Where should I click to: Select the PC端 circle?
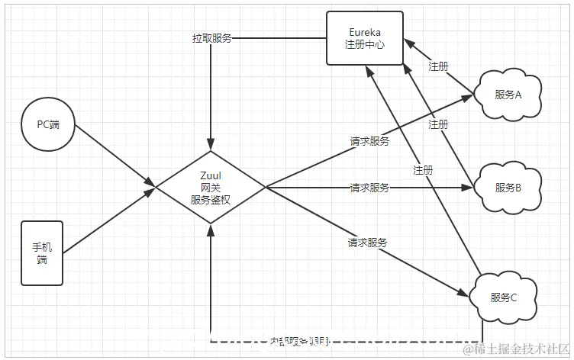click(48, 124)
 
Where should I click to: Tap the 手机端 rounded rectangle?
click(42, 253)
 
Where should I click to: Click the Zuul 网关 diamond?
click(210, 186)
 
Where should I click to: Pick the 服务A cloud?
click(508, 95)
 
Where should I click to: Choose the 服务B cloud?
click(508, 188)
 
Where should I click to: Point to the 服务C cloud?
click(504, 297)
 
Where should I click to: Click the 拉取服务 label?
click(211, 37)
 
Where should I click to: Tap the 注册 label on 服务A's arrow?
click(438, 66)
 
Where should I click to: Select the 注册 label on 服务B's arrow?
click(438, 124)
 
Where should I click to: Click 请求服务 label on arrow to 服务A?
click(369, 141)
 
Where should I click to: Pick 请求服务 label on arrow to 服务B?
click(369, 188)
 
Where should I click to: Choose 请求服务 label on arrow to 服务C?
click(367, 243)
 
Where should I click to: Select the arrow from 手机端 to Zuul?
click(107, 220)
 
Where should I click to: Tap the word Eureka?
click(365, 32)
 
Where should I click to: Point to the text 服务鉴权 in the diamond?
click(210, 199)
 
